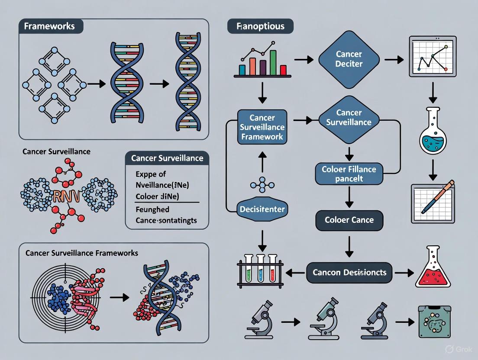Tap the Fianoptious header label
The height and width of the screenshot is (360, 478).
pos(260,26)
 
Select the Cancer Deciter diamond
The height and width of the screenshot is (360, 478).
pos(349,60)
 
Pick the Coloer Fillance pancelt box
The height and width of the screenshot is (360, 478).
pos(349,173)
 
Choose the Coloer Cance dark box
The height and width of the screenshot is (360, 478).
pos(349,220)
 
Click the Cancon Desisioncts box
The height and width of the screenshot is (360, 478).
pos(349,273)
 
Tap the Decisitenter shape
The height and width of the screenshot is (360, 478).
pos(261,209)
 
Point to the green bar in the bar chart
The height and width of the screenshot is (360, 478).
pos(273,63)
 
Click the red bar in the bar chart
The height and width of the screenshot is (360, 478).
pos(283,70)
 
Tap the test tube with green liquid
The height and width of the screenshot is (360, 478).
pos(249,270)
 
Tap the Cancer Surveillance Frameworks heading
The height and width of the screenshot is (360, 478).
pos(82,253)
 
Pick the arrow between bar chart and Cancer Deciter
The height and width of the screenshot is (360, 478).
pos(304,59)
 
